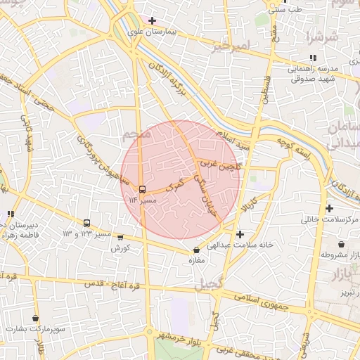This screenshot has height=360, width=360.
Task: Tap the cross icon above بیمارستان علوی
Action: (x=153, y=20)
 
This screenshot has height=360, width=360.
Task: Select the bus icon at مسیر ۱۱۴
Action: (x=142, y=189)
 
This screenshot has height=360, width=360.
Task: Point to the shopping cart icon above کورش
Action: (x=120, y=238)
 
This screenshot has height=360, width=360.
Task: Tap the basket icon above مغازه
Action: (x=196, y=250)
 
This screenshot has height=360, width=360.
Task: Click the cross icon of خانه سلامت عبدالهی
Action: (x=240, y=234)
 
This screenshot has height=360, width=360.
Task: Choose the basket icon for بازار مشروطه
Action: (x=341, y=243)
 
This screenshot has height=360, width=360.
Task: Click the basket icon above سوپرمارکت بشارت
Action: (x=34, y=319)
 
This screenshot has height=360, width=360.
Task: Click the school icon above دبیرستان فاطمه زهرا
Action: (x=10, y=213)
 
